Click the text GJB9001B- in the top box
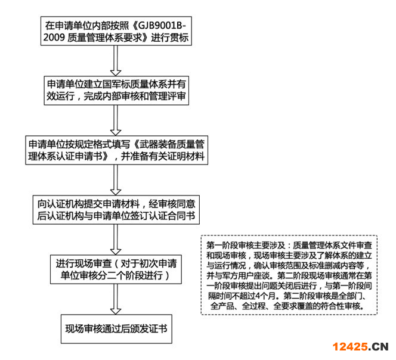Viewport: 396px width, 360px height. pyautogui.click(x=162, y=25)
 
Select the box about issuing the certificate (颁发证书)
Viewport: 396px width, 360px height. pyautogui.click(x=116, y=328)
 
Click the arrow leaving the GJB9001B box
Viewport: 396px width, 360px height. pyautogui.click(x=116, y=61)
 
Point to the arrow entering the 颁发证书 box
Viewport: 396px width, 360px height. pyautogui.click(x=116, y=299)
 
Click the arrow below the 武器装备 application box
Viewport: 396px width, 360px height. pyautogui.click(x=116, y=180)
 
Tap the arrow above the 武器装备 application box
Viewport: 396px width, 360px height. pyautogui.click(x=116, y=120)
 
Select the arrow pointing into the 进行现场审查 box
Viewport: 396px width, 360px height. pyautogui.click(x=116, y=240)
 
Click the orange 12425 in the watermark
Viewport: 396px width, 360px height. pyautogui.click(x=350, y=347)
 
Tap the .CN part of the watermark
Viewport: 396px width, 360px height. pyautogui.click(x=378, y=347)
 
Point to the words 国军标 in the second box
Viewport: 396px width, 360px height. pyautogui.click(x=116, y=84)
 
